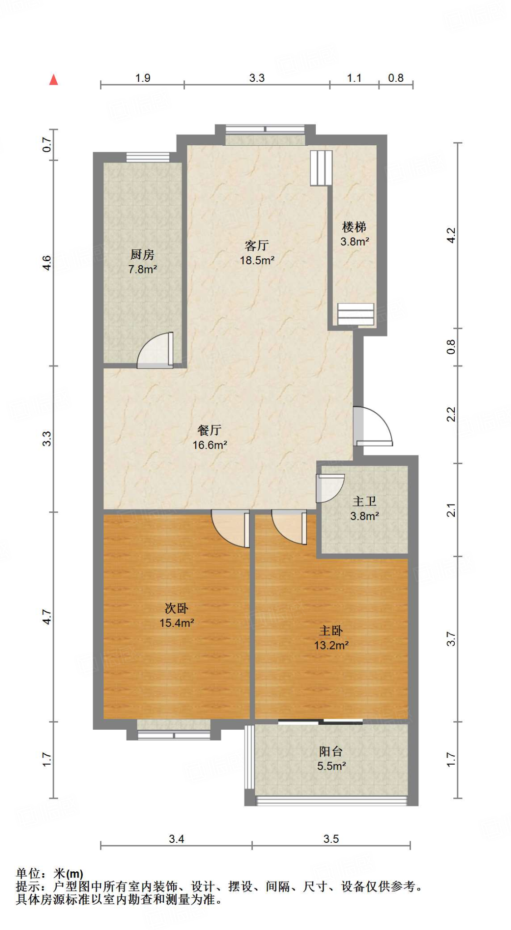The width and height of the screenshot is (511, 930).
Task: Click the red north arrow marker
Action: pyautogui.click(x=54, y=80)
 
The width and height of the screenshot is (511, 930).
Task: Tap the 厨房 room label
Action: pyautogui.click(x=142, y=255)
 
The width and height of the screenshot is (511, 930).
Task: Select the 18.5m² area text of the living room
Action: pyautogui.click(x=257, y=261)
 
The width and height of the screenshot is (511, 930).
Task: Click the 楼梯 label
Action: pyautogui.click(x=354, y=227)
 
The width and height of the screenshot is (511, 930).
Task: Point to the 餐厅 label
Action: pyautogui.click(x=209, y=430)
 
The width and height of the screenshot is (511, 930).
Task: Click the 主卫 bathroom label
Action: pyautogui.click(x=364, y=501)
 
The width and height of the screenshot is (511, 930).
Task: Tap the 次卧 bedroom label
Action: pyautogui.click(x=176, y=608)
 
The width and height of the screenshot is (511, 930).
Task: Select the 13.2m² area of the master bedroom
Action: pyautogui.click(x=331, y=645)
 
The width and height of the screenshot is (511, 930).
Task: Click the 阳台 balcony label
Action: pyautogui.click(x=331, y=752)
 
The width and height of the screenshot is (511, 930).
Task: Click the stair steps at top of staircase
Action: pyautogui.click(x=321, y=168)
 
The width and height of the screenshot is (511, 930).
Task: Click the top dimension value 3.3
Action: pyautogui.click(x=257, y=78)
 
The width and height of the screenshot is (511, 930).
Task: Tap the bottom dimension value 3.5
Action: pyautogui.click(x=331, y=839)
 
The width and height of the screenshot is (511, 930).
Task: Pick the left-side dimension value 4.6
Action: pyautogui.click(x=47, y=263)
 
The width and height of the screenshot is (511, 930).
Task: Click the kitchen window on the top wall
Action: pyautogui.click(x=147, y=157)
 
